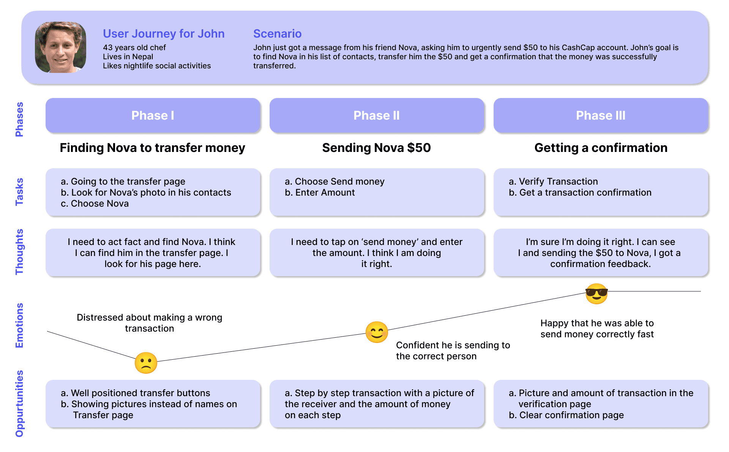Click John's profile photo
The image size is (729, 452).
pyautogui.click(x=60, y=47)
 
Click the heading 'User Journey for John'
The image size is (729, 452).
pyautogui.click(x=164, y=34)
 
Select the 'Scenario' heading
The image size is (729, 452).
pyautogui.click(x=277, y=34)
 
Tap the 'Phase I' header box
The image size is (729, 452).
pyautogui.click(x=153, y=115)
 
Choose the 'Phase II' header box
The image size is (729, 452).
pyautogui.click(x=377, y=115)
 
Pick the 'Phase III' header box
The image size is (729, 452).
pyautogui.click(x=601, y=115)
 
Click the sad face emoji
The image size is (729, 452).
pyautogui.click(x=146, y=363)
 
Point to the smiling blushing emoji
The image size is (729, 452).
pyautogui.click(x=377, y=332)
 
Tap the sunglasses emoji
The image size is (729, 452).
pyautogui.click(x=596, y=294)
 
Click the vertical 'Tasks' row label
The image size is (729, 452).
pyautogui.click(x=19, y=192)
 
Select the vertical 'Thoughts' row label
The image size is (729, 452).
pyautogui.click(x=19, y=252)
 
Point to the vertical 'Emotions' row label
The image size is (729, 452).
pyautogui.click(x=19, y=326)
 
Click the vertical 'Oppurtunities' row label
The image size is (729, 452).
pyautogui.click(x=19, y=403)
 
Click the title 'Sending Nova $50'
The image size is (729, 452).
pyautogui.click(x=377, y=148)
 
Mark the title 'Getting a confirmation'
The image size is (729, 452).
pyautogui.click(x=601, y=148)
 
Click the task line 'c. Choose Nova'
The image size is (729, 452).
pyautogui.click(x=95, y=204)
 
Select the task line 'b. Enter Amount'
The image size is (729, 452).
pyautogui.click(x=320, y=193)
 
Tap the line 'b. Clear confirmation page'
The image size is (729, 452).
pyautogui.click(x=566, y=415)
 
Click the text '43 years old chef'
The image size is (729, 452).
pyautogui.click(x=134, y=47)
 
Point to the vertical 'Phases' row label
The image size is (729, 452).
pyautogui.click(x=19, y=119)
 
